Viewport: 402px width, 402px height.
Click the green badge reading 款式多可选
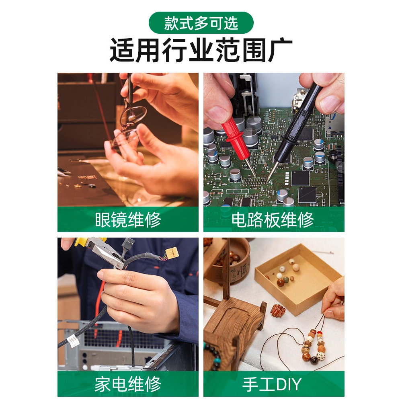[x=201, y=23]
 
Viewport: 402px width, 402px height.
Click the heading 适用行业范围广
[x=201, y=50]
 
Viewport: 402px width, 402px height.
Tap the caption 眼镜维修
[x=128, y=220]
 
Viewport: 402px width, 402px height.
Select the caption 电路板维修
[x=273, y=220]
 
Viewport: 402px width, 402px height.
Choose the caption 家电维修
[x=128, y=384]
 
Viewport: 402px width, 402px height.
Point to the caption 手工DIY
[x=273, y=384]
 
